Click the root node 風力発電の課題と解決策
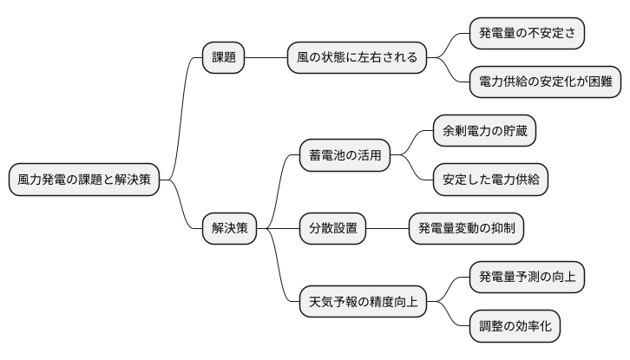84,180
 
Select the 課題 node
223,58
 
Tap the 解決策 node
229,228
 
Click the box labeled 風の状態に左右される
357,58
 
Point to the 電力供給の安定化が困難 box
545,82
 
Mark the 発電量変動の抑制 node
465,228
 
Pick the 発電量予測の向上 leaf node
527,277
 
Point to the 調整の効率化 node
515,326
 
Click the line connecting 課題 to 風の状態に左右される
266,58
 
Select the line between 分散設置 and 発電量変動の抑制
386,228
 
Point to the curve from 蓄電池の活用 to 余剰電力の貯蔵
413,142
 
